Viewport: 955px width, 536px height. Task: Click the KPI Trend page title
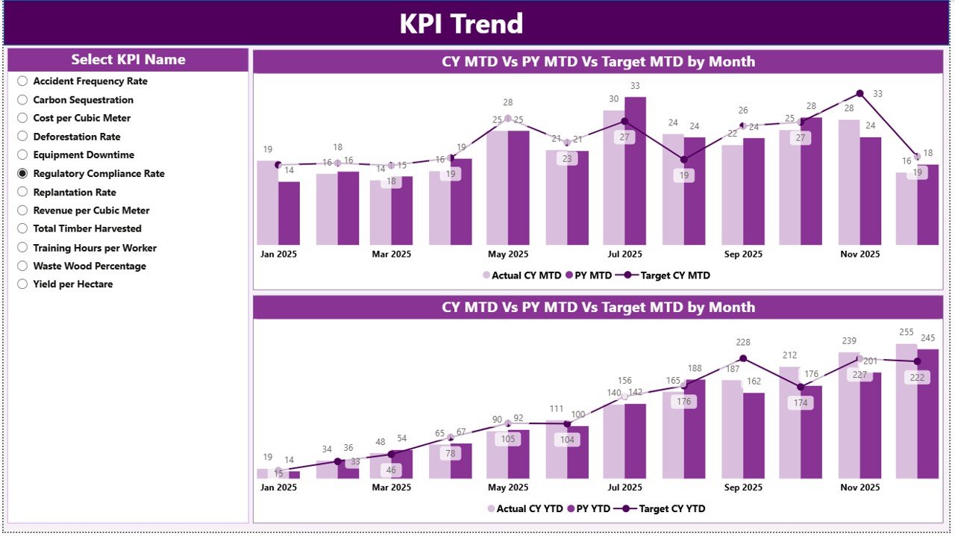point(461,24)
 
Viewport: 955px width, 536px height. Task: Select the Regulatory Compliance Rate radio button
point(22,173)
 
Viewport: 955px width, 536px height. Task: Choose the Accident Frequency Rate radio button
point(22,81)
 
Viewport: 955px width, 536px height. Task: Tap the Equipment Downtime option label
point(84,155)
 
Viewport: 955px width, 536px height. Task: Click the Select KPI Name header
point(128,60)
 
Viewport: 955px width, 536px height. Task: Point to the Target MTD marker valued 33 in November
point(859,93)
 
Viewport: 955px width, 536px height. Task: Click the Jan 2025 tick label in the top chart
point(278,254)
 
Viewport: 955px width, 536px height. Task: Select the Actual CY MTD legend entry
point(522,275)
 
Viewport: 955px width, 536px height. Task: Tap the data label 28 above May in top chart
point(508,103)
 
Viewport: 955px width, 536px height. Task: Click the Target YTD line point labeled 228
point(742,358)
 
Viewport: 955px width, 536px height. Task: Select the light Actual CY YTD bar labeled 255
point(907,411)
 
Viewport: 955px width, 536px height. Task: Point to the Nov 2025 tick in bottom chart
point(859,487)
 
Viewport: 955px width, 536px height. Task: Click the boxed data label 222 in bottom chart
point(917,378)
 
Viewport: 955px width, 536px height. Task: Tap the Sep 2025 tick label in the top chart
point(742,254)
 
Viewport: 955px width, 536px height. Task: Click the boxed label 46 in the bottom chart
point(391,470)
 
